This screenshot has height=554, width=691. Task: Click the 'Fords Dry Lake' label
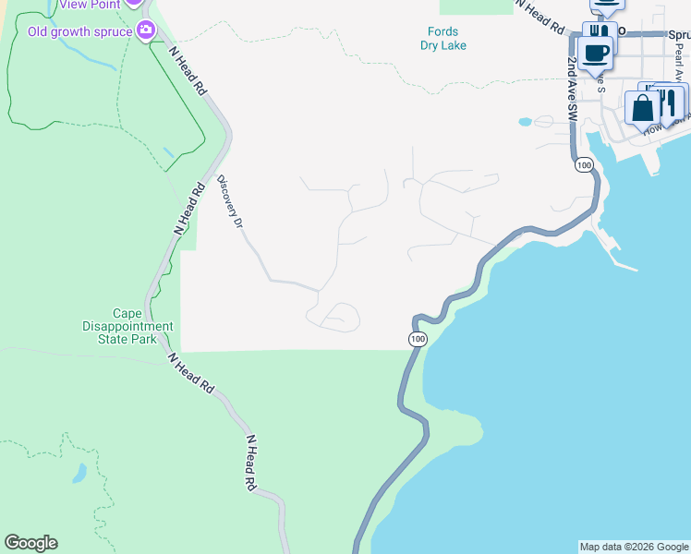tap(442, 38)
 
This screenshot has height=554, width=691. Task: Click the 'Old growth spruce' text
tap(81, 31)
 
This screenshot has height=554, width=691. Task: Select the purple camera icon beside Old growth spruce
tap(145, 31)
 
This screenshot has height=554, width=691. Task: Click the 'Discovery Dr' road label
tap(230, 202)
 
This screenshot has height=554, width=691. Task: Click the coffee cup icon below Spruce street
tap(597, 52)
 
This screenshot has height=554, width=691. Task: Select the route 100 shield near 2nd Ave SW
tap(583, 164)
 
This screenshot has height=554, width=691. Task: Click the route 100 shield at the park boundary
tap(418, 340)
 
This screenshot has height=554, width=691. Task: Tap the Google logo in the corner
tap(30, 543)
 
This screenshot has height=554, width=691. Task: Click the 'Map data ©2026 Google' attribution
tap(634, 547)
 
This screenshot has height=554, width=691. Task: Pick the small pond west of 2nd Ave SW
tap(525, 121)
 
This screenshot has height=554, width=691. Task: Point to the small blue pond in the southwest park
tap(79, 474)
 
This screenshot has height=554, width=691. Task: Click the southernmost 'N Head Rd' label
tap(250, 463)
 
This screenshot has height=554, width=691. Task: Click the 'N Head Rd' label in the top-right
tap(540, 17)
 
